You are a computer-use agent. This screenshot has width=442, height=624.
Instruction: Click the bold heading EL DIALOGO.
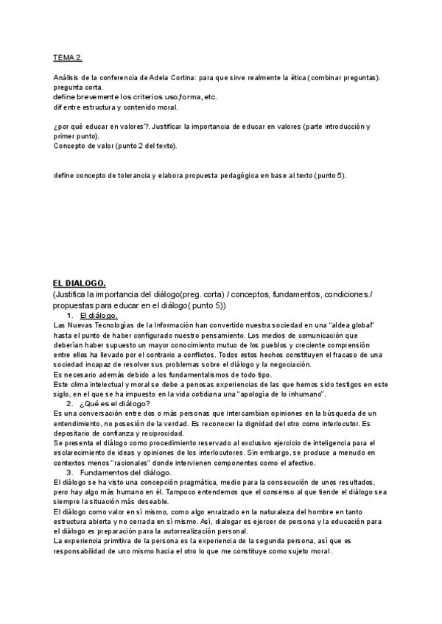click(80, 283)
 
